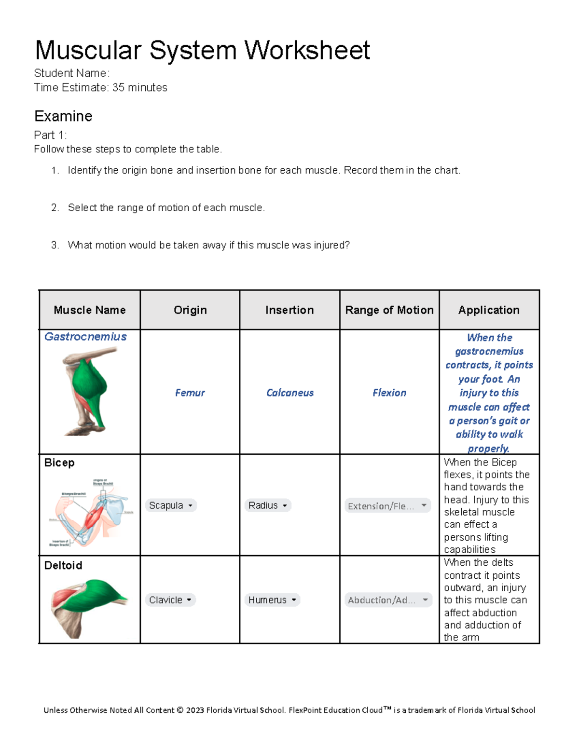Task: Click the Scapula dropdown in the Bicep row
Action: point(170,505)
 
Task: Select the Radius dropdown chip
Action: point(268,505)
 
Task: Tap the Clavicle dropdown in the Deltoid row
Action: point(170,600)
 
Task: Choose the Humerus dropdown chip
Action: point(272,600)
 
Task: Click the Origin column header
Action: point(190,310)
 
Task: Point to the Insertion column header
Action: point(289,310)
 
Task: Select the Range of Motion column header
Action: point(389,310)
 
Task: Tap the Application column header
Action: point(489,310)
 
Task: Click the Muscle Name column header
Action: point(90,310)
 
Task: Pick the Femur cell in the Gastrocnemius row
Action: point(190,393)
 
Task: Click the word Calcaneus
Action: point(289,393)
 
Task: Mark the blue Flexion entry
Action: point(389,393)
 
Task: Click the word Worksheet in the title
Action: point(307,50)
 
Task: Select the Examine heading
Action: point(63,116)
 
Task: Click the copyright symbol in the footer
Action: point(180,710)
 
